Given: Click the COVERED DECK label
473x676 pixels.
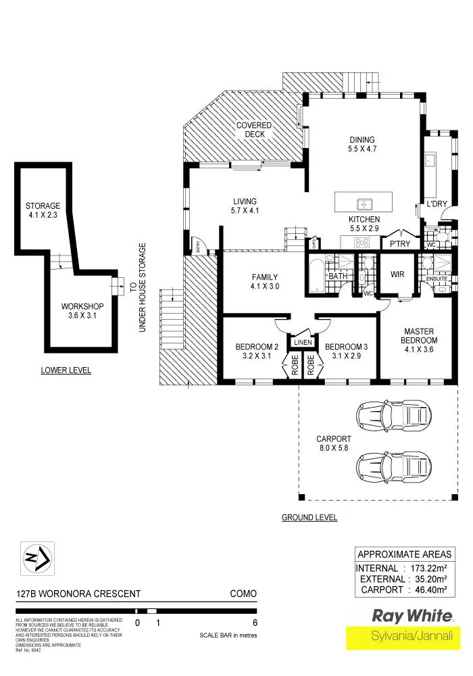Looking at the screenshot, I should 254,130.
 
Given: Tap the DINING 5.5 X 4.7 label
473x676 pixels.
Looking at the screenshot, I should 362,144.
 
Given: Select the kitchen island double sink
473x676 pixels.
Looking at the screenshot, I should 364,202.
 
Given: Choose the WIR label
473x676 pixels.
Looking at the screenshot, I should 397,275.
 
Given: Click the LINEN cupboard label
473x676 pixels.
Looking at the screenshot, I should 302,343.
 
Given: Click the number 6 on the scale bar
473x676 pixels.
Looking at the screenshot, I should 254,623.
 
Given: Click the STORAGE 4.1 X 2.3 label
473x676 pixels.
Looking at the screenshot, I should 43,210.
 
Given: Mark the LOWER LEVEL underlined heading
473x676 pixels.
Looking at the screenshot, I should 66,370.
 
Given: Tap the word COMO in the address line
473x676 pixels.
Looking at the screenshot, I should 243,594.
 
